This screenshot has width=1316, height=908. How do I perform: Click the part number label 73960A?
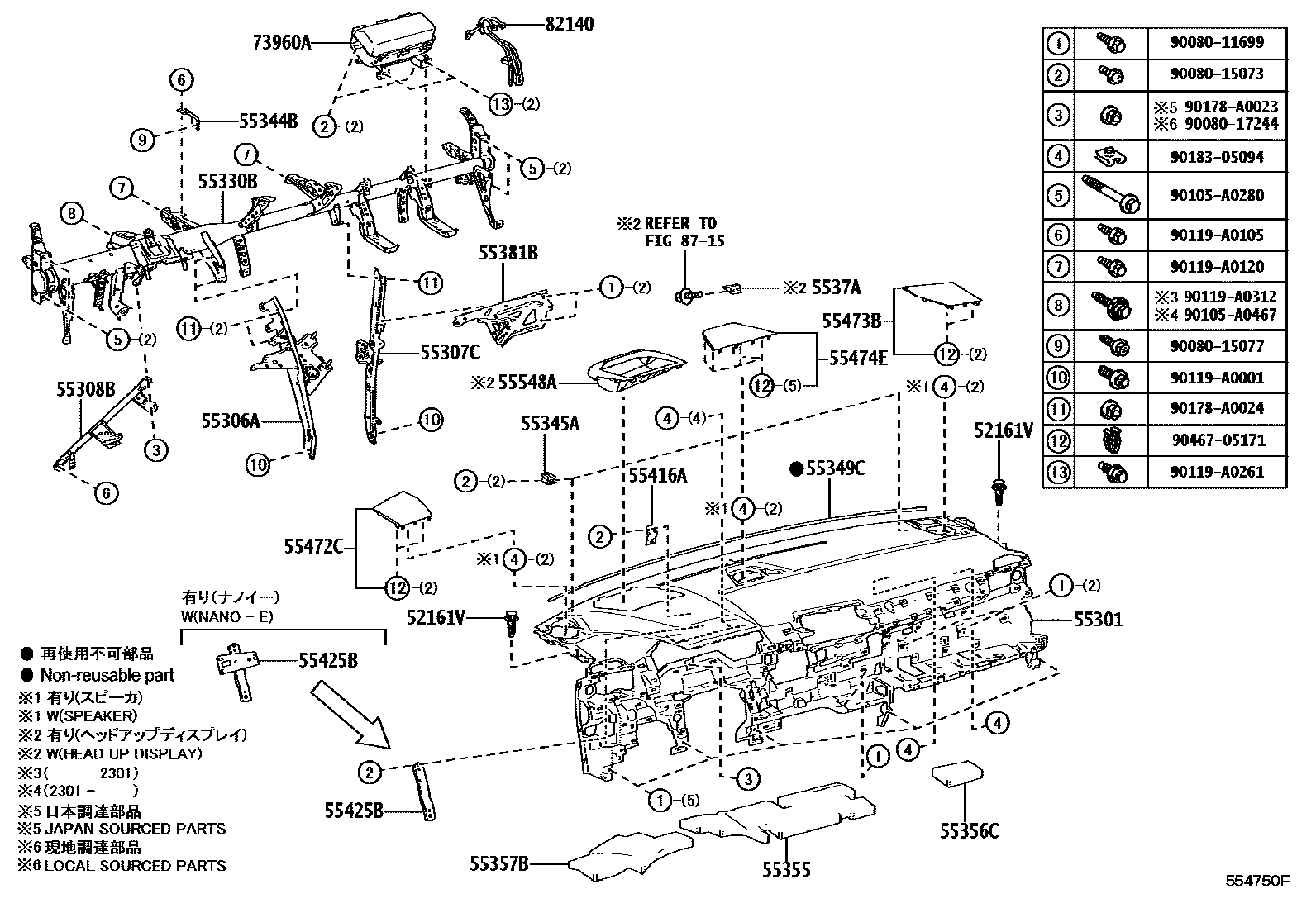coord(283,43)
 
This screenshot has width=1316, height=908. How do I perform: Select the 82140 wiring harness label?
coord(569,25)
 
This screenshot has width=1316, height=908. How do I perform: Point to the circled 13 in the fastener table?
coord(1058,472)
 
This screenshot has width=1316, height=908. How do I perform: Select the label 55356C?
coord(968,831)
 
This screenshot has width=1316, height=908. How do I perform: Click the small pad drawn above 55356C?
coord(957,777)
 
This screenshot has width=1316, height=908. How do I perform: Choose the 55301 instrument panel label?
coord(1099,618)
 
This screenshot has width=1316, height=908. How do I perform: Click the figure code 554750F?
coord(1257,881)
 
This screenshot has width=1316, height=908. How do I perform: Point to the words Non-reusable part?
coord(107,675)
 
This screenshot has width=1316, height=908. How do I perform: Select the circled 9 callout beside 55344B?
coord(143,140)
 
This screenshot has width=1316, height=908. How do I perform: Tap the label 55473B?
coord(851,319)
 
